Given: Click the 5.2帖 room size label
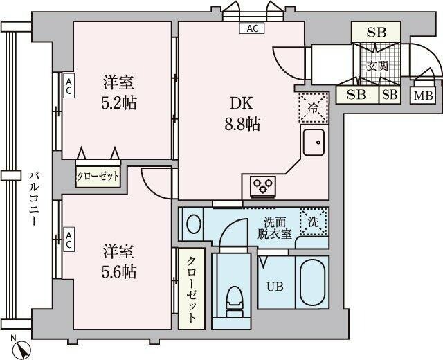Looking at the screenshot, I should point(119,93).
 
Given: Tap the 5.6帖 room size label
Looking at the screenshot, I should point(119,262).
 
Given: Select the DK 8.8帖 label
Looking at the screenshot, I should point(240,115).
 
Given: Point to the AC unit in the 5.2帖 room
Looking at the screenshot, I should point(69,87).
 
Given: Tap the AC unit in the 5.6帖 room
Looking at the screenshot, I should point(69,240).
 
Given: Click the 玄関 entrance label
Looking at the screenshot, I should point(377,67).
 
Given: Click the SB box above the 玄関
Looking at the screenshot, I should point(377,32).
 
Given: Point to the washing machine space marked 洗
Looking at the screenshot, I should point(313,223).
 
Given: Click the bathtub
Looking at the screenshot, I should point(314,285).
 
